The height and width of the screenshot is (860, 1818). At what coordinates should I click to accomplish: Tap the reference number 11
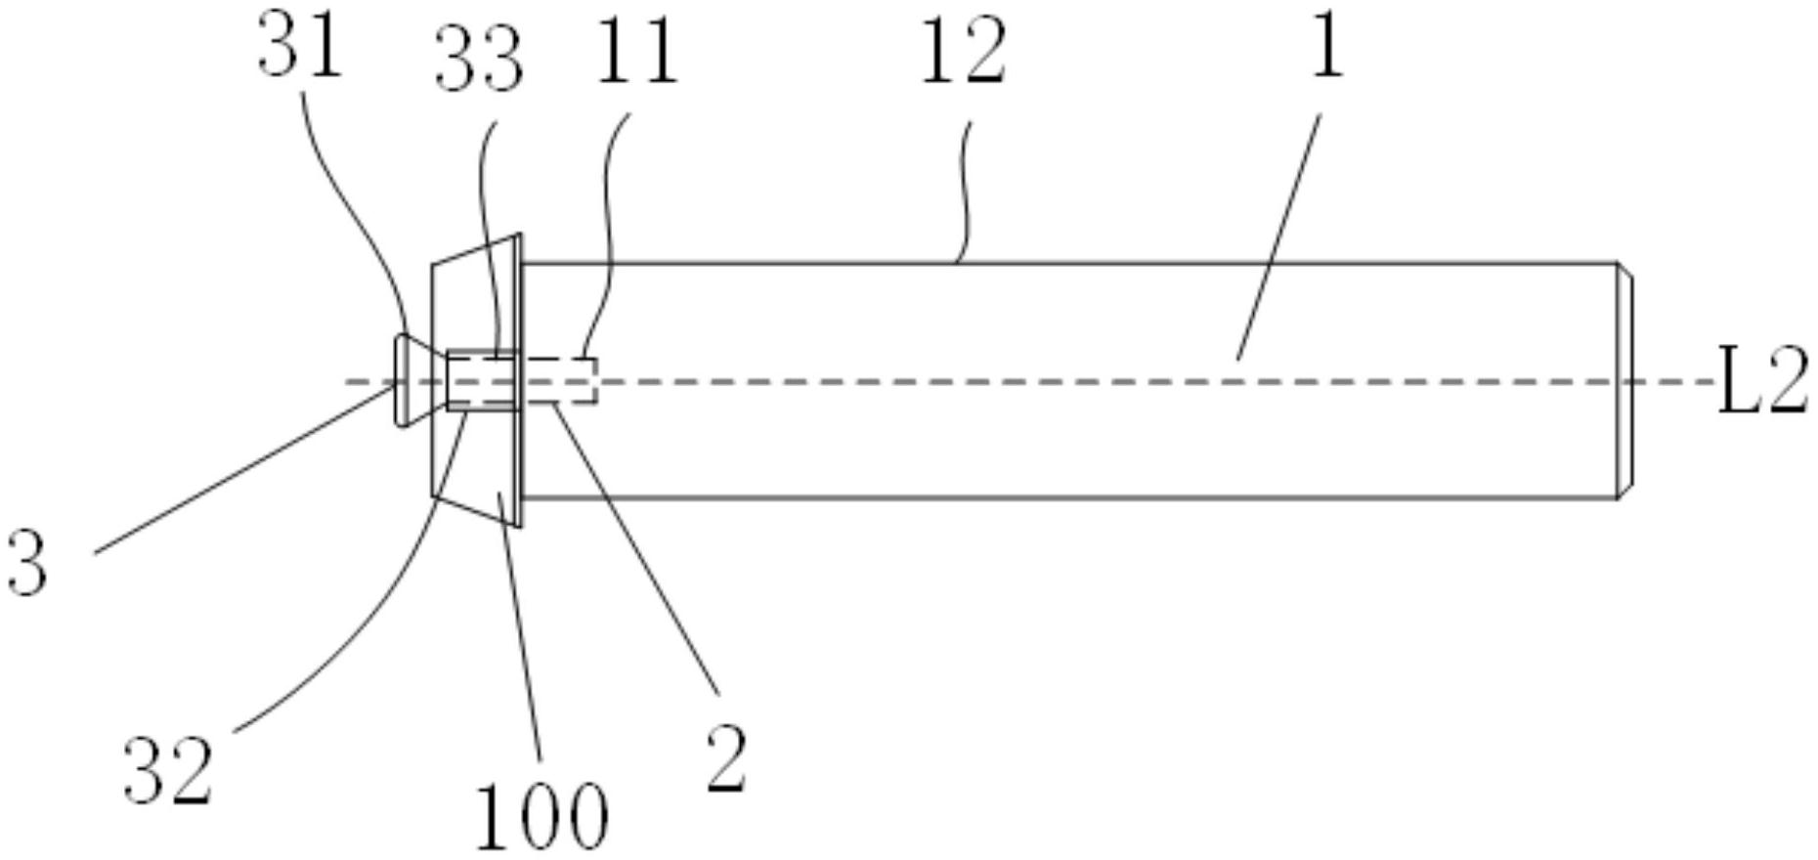tap(635, 55)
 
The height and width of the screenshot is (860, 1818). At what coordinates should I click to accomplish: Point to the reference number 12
tap(963, 55)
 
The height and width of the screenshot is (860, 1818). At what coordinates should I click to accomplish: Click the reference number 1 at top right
tap(1327, 47)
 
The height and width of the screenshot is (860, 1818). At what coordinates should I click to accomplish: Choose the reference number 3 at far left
tap(27, 565)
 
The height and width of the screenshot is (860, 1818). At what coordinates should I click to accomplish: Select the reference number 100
tap(541, 817)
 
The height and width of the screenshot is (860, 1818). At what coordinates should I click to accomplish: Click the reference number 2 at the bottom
tap(726, 759)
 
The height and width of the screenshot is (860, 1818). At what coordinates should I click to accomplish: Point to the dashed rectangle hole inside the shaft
tap(561, 380)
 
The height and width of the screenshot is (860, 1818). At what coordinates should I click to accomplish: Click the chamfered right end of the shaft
tap(1624, 381)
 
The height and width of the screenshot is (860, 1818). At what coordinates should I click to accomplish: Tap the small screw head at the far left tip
tap(401, 380)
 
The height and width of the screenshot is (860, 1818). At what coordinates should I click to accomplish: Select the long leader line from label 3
tap(244, 469)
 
